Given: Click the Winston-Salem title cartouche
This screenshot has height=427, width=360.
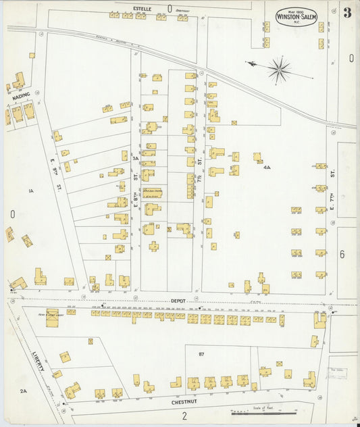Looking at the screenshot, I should [296, 16].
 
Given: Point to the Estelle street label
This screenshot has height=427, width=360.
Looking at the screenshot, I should [142, 7].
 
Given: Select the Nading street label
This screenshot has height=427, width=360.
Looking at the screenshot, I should [21, 97].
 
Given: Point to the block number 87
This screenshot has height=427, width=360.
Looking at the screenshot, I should [201, 353].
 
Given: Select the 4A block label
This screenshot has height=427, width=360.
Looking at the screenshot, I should [267, 167].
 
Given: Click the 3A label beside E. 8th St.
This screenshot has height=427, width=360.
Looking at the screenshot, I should [135, 158].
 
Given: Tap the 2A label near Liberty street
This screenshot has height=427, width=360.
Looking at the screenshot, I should [23, 391].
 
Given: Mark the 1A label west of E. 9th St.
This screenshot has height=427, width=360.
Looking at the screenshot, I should [30, 192].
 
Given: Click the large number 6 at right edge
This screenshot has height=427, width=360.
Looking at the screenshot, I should [342, 254].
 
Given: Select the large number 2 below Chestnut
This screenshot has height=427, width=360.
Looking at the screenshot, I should [184, 416].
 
